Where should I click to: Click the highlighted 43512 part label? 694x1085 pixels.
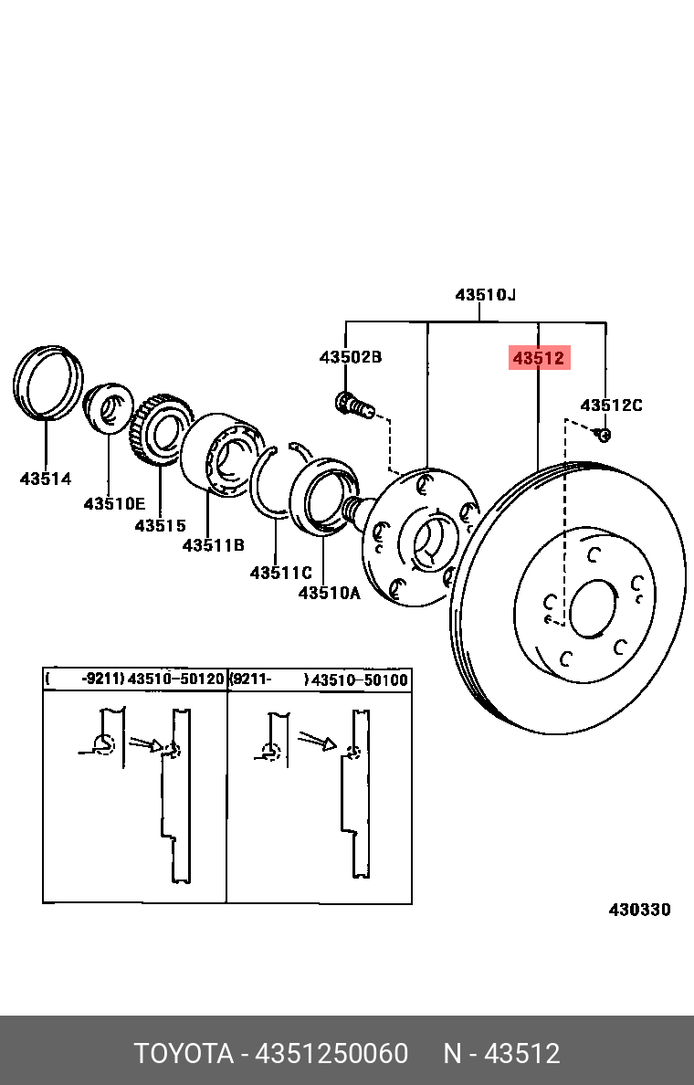coord(539,358)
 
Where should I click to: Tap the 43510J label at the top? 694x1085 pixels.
coord(485,295)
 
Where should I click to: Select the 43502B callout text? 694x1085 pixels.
coord(350,357)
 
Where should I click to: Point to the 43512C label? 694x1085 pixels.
coord(611,405)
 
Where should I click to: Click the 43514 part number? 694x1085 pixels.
coord(46,479)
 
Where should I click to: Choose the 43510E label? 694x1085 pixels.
coord(114,503)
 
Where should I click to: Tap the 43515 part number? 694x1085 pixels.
coord(161,526)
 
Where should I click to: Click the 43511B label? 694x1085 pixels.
coord(213,545)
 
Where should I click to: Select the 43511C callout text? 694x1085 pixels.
coord(281,573)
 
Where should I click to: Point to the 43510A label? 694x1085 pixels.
coord(330,593)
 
